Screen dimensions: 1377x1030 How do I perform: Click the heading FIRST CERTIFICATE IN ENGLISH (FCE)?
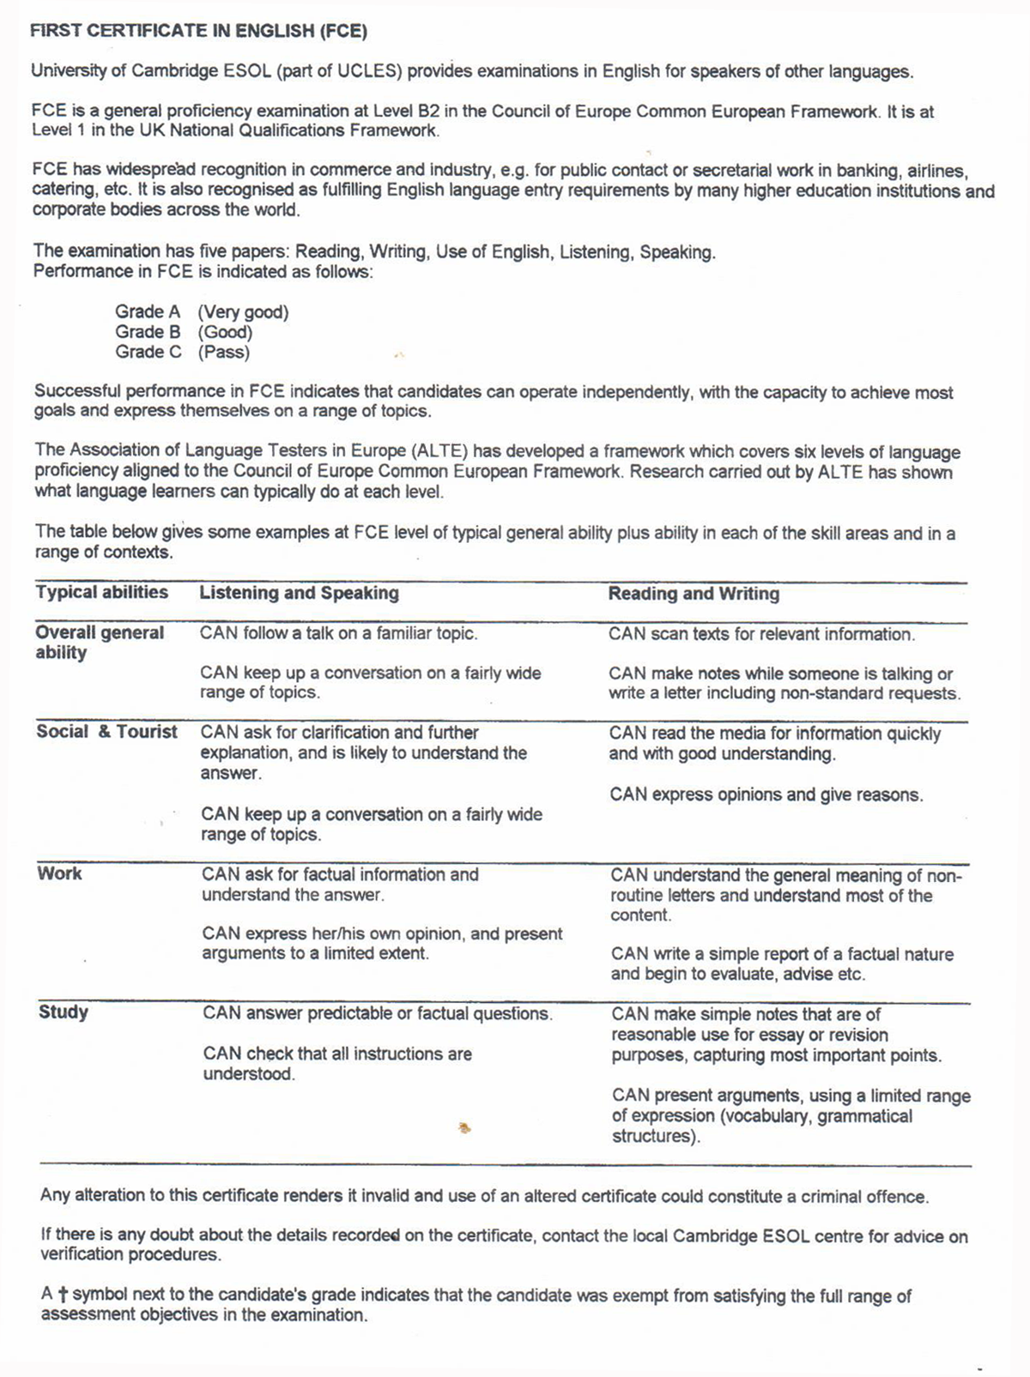[x=198, y=32]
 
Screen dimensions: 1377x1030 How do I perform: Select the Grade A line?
[x=202, y=312]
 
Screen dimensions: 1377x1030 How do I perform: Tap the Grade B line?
[x=184, y=332]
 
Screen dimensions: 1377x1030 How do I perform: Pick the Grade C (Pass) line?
[x=183, y=352]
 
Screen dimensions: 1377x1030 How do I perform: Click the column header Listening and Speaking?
[x=299, y=593]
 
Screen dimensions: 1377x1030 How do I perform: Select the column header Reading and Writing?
[x=694, y=594]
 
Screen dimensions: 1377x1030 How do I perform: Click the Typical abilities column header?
[x=101, y=592]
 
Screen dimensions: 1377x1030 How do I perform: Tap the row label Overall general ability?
[x=100, y=643]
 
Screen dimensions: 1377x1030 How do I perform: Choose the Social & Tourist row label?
[x=106, y=732]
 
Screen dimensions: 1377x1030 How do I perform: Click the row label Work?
[x=59, y=873]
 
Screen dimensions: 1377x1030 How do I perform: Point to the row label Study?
[x=64, y=1012]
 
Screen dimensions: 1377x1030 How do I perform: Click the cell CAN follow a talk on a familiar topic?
[x=338, y=634]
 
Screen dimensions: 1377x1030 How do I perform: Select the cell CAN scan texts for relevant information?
[x=761, y=635]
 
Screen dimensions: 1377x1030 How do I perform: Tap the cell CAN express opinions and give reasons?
[x=766, y=794]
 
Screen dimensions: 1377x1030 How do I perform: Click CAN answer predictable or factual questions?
[x=378, y=1013]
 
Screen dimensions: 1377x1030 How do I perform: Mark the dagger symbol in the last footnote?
[x=63, y=1295]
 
